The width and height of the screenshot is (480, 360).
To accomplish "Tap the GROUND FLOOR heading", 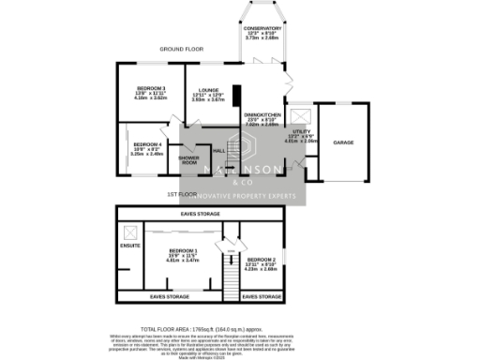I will click(182, 48).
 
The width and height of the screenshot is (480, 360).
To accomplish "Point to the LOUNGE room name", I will click(207, 90).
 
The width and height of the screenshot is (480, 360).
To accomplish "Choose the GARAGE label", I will click(343, 142).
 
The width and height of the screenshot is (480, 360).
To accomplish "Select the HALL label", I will click(218, 150).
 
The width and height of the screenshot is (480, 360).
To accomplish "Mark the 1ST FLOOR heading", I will click(180, 194).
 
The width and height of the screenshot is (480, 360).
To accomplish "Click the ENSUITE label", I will click(130, 247).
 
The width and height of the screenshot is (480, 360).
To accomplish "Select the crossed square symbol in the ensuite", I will click(129, 231).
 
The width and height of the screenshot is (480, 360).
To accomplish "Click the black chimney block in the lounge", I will click(236, 97).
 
